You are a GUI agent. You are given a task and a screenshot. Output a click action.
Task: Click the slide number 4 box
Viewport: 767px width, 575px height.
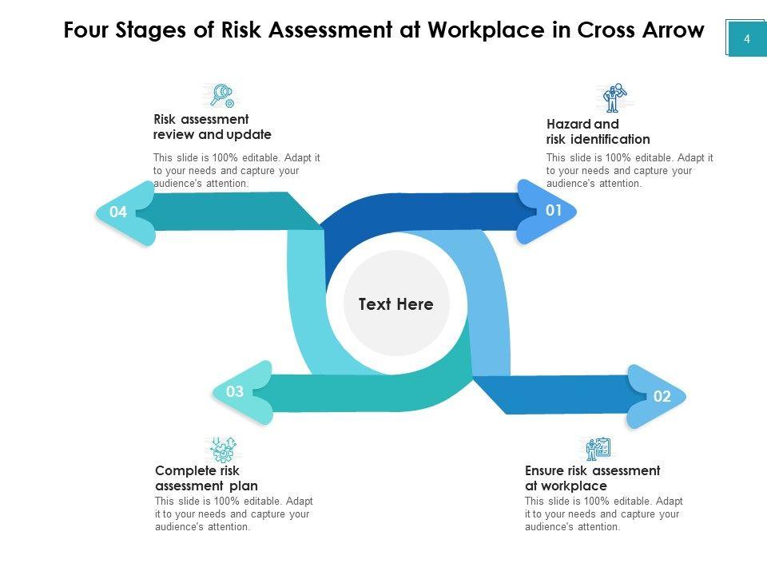tap(746, 38)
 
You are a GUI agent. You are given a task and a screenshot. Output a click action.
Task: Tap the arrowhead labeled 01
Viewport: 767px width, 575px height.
tap(548, 211)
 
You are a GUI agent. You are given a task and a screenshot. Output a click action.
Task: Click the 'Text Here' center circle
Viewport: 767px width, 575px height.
tap(396, 304)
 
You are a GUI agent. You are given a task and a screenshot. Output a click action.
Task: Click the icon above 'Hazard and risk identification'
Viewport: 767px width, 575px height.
tap(614, 98)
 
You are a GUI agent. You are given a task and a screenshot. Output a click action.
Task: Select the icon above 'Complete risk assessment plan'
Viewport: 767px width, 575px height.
tap(221, 449)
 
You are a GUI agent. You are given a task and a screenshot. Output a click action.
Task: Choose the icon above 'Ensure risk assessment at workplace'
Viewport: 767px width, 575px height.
tap(598, 449)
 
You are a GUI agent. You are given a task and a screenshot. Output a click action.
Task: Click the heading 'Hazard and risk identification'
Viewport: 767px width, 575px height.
tap(598, 132)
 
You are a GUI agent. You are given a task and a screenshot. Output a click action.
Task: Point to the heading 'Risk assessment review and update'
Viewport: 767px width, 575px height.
tap(212, 127)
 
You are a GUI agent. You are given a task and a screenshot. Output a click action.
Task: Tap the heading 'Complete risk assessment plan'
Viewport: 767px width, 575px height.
tap(206, 478)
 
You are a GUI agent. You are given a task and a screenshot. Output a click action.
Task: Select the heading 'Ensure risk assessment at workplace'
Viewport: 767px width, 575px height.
tap(592, 478)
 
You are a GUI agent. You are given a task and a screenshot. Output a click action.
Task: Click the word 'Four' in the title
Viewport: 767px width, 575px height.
tap(87, 30)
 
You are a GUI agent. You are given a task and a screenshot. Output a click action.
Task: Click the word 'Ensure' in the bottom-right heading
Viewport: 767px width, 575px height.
tap(545, 470)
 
